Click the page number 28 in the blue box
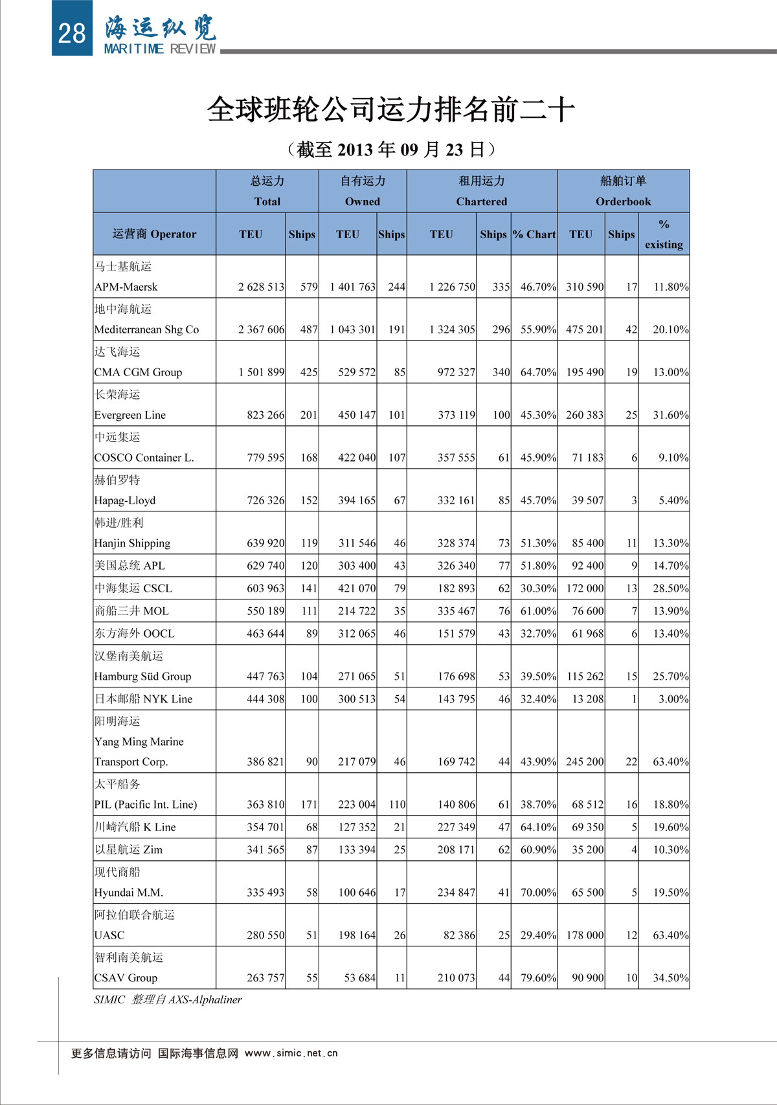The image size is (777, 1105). tap(71, 33)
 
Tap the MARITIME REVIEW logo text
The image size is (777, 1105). tap(159, 49)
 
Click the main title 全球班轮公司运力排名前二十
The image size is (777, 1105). tap(390, 109)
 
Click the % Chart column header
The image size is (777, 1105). tap(534, 234)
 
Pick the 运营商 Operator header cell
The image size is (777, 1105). tap(154, 234)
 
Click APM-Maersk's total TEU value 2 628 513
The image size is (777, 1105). tap(261, 287)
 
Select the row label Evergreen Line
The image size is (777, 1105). tap(130, 415)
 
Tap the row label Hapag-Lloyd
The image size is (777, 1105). tap(125, 500)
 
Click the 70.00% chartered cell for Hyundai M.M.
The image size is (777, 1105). tap(538, 893)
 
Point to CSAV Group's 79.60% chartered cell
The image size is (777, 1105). tap(538, 978)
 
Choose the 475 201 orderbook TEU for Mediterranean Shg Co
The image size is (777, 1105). tap(585, 329)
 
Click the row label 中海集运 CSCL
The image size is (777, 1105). tap(133, 588)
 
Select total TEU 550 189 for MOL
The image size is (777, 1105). tap(265, 611)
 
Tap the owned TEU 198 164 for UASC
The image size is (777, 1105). tap(357, 935)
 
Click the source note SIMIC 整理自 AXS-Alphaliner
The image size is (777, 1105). tap(168, 999)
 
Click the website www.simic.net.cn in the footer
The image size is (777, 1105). tap(291, 1053)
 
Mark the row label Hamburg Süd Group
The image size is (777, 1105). tap(142, 676)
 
